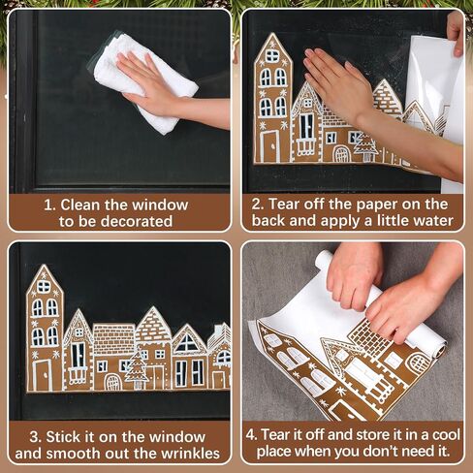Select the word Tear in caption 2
pos(283,205)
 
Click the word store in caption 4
pos(376,435)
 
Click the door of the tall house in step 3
pos(43,375)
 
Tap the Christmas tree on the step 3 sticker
pos(137,368)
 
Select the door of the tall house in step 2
pos(270,146)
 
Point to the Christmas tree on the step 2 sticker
pos(365,146)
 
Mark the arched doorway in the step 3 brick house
pos(112,382)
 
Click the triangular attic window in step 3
pos(187,343)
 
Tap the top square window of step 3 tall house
pos(44,287)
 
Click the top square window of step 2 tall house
pos(272,56)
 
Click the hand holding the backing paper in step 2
pos(456,32)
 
